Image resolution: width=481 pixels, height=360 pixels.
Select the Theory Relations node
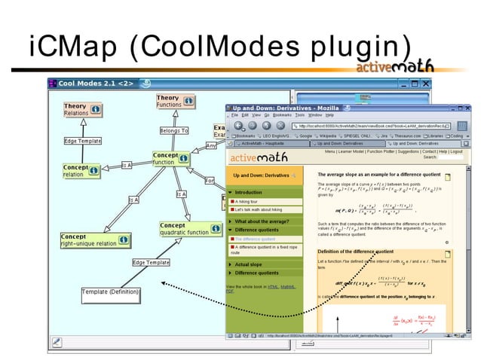77,110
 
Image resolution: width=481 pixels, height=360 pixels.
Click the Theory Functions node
170,101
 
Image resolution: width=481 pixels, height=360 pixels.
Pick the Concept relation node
75,171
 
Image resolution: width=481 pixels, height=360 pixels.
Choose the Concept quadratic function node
185,229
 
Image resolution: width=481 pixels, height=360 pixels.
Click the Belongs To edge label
173,131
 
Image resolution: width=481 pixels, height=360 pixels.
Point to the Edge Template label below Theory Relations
83,141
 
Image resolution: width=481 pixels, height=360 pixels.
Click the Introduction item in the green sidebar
249,193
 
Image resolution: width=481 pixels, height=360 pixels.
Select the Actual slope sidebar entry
248,264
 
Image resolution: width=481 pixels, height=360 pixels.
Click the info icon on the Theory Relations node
96,110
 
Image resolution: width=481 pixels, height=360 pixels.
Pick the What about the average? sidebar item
264,221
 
